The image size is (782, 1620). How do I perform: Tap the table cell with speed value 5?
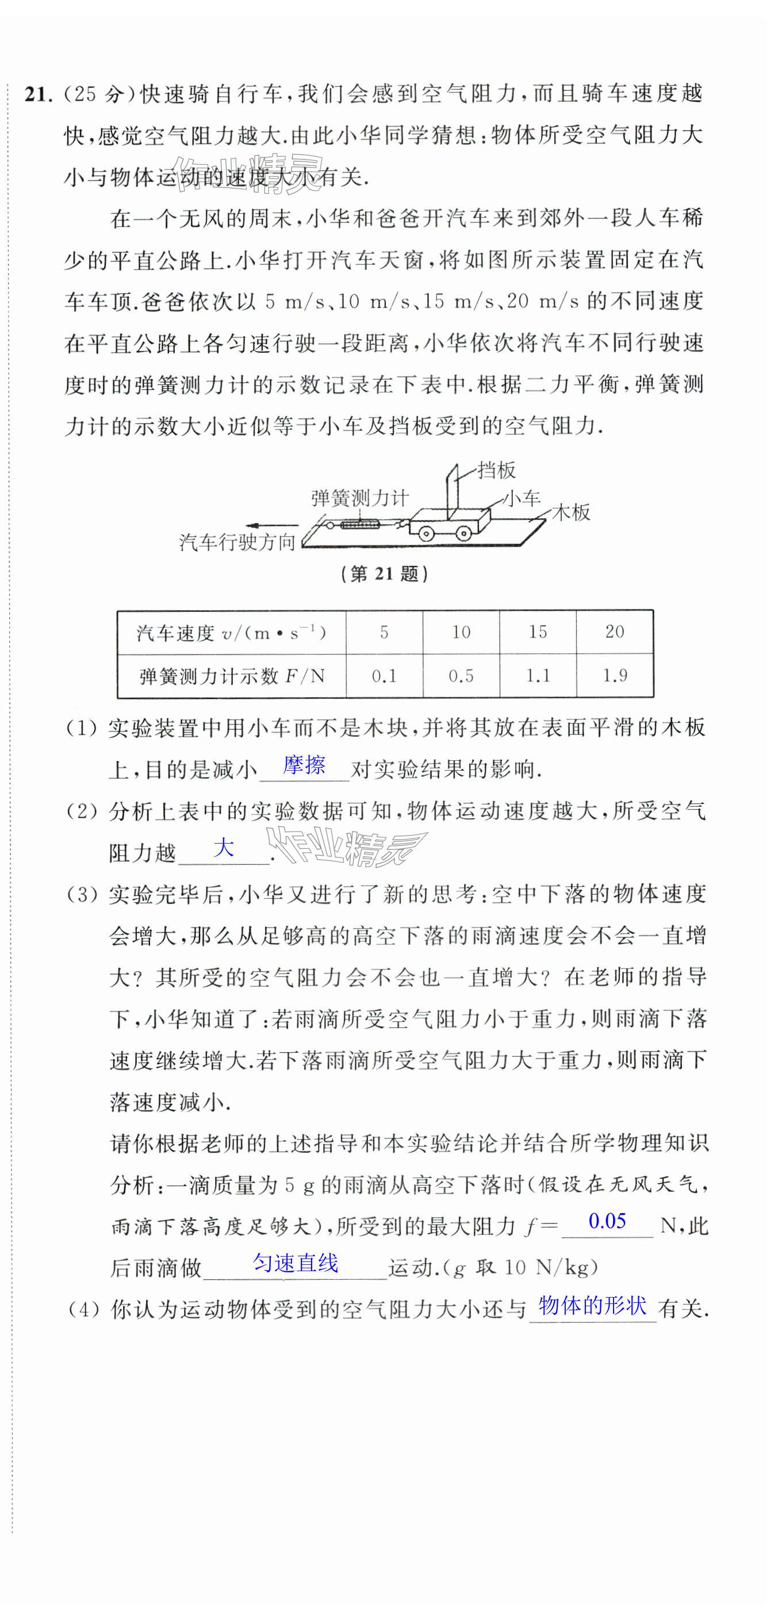tap(384, 632)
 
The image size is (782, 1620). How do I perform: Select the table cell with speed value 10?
tap(461, 632)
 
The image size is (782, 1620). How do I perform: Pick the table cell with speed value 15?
tap(537, 632)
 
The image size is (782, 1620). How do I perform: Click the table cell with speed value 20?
tap(614, 632)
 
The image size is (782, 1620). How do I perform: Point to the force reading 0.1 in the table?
tap(384, 676)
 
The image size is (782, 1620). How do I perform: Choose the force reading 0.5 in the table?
tap(461, 676)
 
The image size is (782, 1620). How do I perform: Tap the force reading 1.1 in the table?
tap(537, 676)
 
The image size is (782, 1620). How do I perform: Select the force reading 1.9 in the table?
tap(614, 676)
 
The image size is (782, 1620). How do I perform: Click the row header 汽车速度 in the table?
tap(231, 633)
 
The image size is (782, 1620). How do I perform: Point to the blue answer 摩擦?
tap(304, 765)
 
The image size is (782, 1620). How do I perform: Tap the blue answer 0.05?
tap(607, 1221)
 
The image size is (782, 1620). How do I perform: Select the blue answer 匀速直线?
tap(295, 1262)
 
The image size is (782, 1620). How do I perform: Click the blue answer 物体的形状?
tap(592, 1305)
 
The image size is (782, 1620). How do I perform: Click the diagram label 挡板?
tap(496, 470)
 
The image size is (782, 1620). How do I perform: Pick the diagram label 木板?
tap(571, 513)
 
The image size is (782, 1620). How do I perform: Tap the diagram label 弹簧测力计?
tap(360, 499)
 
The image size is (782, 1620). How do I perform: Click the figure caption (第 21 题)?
tap(384, 574)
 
